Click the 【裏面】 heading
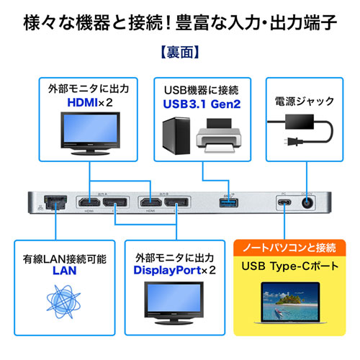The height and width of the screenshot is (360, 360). (x=180, y=53)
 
